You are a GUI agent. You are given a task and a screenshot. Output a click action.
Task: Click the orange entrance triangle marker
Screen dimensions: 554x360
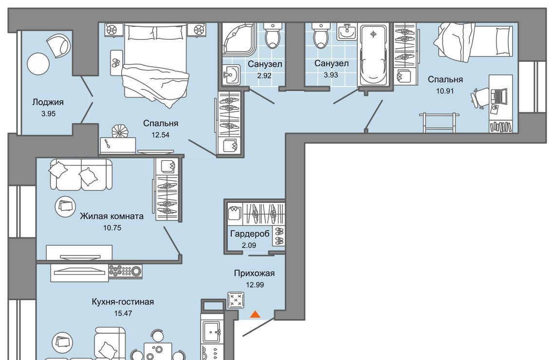[255, 314]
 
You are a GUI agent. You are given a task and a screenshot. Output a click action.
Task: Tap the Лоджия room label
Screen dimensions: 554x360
[48, 102]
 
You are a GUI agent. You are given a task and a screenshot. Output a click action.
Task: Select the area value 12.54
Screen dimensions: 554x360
[160, 135]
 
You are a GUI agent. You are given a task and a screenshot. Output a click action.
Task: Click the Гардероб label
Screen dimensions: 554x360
[250, 234]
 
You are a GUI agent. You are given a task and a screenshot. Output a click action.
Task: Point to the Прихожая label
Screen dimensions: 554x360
[255, 273]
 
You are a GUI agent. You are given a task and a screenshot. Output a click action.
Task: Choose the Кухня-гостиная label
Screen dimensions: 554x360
[123, 302]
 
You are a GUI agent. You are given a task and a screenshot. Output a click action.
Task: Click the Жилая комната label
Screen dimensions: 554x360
[111, 216]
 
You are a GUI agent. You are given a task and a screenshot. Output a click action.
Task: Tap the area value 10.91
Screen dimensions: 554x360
[445, 90]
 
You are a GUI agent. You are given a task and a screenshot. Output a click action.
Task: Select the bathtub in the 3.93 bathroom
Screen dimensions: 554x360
[373, 54]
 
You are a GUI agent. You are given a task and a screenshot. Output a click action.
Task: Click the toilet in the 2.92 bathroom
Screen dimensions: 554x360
[273, 35]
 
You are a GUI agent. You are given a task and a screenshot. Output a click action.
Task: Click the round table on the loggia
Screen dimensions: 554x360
[38, 64]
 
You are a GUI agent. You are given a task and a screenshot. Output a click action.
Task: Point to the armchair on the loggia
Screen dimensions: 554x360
[58, 45]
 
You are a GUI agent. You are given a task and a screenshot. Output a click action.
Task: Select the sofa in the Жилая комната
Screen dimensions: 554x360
[81, 174]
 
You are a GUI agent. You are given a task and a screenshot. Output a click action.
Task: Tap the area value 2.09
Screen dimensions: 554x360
[249, 245]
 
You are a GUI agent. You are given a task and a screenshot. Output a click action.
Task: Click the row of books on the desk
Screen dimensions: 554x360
[500, 126]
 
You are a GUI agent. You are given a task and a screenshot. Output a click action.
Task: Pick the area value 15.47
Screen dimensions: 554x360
[123, 313]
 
